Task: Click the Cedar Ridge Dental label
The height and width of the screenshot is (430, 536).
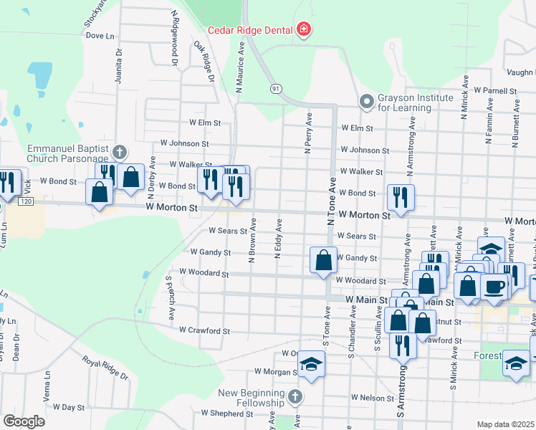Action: click(250, 30)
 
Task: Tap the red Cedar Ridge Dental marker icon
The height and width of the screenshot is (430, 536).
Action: click(304, 29)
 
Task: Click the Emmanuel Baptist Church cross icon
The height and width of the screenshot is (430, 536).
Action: click(119, 151)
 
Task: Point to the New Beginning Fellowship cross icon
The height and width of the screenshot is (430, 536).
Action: click(295, 396)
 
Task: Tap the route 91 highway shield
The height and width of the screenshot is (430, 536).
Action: click(276, 88)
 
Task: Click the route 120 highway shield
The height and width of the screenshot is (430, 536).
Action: click(26, 203)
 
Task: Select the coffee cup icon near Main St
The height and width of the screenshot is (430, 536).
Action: click(495, 285)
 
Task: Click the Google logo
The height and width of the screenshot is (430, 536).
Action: click(24, 421)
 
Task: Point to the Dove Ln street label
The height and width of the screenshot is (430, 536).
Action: click(100, 35)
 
